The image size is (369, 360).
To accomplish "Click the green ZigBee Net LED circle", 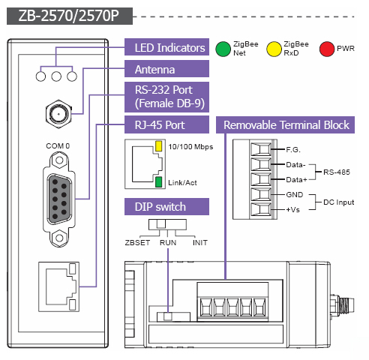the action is (x=223, y=49).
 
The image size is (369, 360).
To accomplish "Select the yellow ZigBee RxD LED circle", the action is (x=274, y=49).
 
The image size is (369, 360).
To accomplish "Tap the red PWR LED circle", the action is (x=327, y=49).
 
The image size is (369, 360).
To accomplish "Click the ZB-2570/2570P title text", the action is (x=68, y=16).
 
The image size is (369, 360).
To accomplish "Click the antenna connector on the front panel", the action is (x=58, y=114).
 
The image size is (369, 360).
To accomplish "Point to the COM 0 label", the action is (x=58, y=145).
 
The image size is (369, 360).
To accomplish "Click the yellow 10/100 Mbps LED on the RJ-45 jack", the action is (x=158, y=146).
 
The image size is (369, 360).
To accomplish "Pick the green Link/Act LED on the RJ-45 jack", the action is (x=158, y=181).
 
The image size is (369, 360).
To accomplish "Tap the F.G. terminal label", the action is (x=293, y=150).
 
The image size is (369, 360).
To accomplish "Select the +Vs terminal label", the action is (x=292, y=209).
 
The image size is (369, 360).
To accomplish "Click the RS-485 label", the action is (x=337, y=172).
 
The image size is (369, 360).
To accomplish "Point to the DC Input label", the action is (x=339, y=202).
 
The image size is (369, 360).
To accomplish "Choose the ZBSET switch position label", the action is (x=137, y=242).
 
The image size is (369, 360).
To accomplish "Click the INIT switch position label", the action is (x=200, y=242).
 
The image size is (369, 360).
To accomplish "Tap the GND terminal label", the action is (x=295, y=194).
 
